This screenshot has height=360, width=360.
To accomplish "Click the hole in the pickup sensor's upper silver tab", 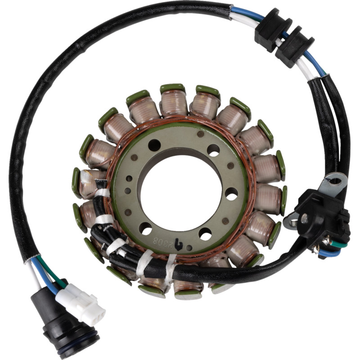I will (335, 181).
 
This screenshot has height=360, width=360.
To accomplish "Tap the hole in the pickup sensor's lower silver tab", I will (293, 223).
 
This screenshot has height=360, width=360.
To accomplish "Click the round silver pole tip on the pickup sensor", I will (304, 218).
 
